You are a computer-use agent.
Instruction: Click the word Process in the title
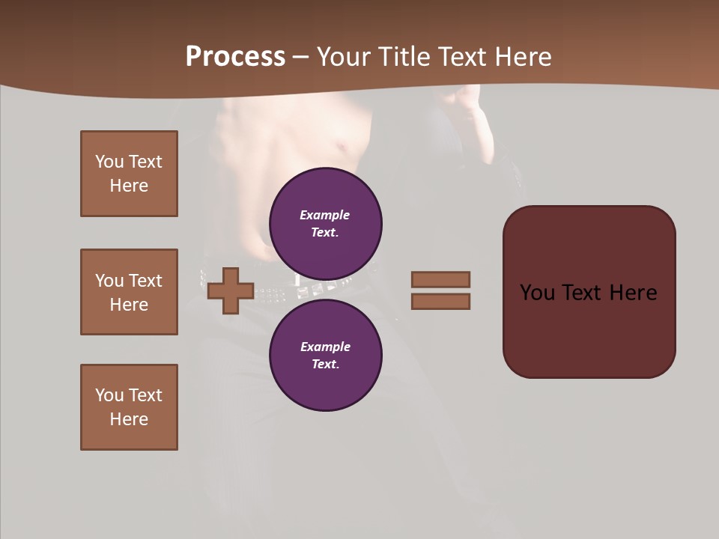pos(235,57)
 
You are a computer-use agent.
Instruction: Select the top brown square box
pos(129,174)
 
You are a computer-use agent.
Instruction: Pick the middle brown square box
pos(129,292)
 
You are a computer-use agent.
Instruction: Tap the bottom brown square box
pos(129,407)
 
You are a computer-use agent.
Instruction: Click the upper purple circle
pos(325,223)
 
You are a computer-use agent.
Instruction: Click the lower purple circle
pos(325,355)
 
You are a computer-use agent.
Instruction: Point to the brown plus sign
pos(231,290)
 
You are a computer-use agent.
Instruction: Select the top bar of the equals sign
pos(440,279)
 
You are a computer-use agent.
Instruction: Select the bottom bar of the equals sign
pos(440,302)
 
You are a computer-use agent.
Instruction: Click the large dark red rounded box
pos(589,329)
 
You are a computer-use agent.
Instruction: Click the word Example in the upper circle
pos(324,215)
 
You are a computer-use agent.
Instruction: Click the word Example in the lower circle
pos(325,347)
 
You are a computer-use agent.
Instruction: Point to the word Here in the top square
pos(129,186)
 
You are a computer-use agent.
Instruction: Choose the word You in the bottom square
pos(109,395)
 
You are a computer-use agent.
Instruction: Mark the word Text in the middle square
pos(145,281)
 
